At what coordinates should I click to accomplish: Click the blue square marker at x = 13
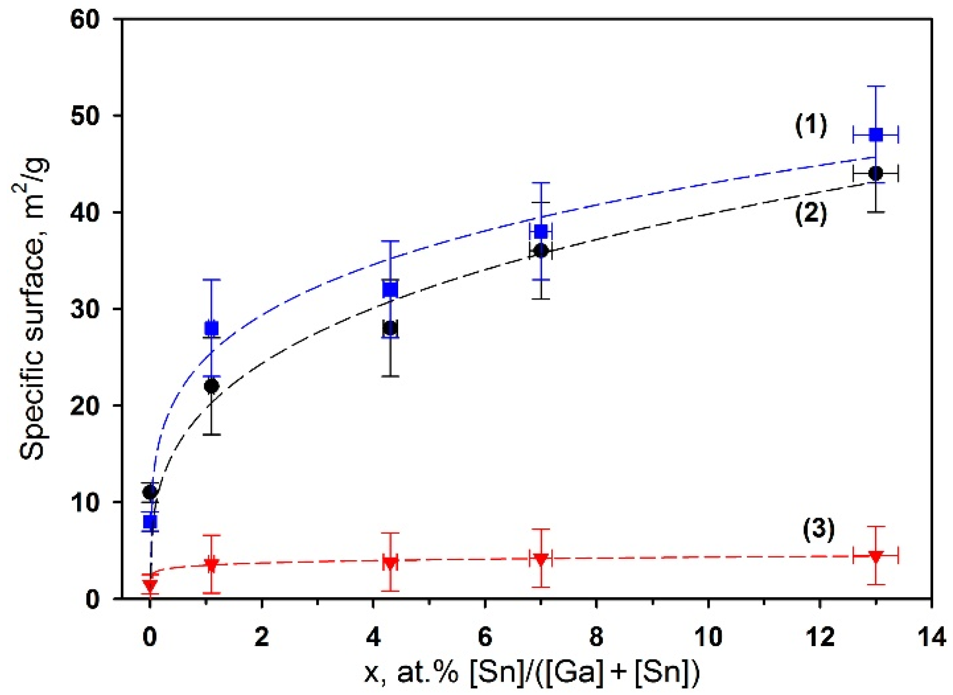[875, 135]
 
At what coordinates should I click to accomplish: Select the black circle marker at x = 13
[875, 173]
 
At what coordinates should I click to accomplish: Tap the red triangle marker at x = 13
[875, 556]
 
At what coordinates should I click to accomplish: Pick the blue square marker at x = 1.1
[211, 328]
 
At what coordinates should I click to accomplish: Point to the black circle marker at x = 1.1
[211, 386]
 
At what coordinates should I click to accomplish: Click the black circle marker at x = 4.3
[390, 328]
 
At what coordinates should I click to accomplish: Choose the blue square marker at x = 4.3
[390, 290]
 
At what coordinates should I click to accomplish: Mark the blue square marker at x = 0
[150, 522]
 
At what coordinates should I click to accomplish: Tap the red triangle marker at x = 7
[541, 559]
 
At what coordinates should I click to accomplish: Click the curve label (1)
[811, 126]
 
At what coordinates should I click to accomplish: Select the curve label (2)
[811, 213]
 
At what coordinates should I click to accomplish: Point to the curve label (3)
[819, 529]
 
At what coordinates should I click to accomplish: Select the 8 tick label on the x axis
[596, 637]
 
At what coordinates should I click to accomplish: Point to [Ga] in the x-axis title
[577, 673]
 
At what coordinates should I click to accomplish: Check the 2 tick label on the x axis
[261, 637]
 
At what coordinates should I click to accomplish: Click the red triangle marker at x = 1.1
[211, 565]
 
